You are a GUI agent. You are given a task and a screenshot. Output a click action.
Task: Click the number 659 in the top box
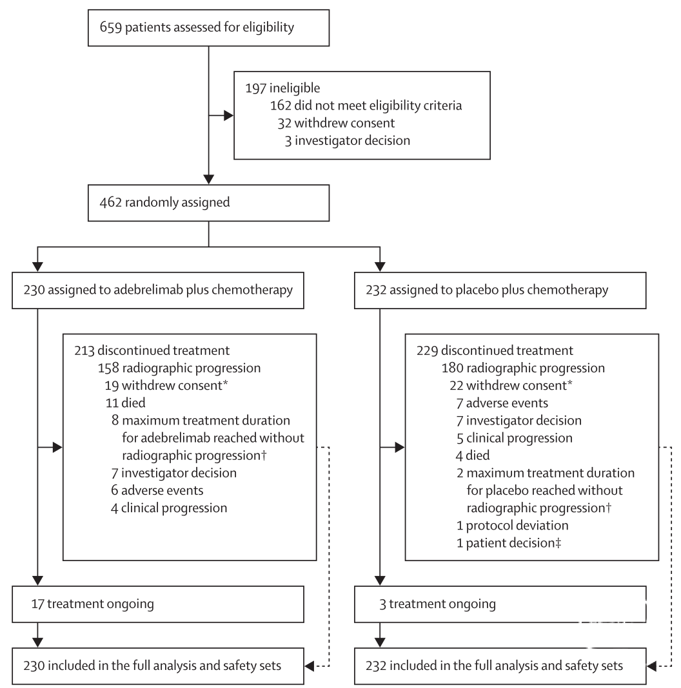(x=110, y=27)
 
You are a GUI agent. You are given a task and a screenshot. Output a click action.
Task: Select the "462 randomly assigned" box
(x=209, y=203)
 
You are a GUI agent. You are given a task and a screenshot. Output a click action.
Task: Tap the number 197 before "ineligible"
(x=256, y=88)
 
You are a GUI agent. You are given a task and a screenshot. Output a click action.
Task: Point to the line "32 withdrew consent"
(x=336, y=123)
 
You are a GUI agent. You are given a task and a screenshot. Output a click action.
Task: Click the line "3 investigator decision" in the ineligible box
(x=347, y=140)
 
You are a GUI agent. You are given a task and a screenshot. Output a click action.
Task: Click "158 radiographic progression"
(x=179, y=368)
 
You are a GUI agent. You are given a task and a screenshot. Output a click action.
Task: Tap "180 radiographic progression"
(x=523, y=368)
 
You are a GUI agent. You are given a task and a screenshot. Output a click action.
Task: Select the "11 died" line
(x=125, y=403)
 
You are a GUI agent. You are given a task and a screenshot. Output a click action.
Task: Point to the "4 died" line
(x=473, y=455)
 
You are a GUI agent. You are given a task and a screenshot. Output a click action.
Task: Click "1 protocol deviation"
(x=512, y=525)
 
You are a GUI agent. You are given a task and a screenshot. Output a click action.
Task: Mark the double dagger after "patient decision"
(x=558, y=543)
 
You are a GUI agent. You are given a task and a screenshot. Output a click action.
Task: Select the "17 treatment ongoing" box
(x=158, y=604)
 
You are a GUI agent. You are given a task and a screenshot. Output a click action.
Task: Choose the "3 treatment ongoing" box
(x=500, y=604)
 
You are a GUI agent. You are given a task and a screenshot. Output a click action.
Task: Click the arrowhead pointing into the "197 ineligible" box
(x=228, y=115)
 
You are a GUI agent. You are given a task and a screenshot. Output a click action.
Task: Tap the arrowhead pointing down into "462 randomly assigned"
(x=209, y=180)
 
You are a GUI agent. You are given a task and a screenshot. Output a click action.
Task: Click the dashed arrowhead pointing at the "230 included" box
(x=310, y=666)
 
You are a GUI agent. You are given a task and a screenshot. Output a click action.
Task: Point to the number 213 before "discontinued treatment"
(x=84, y=350)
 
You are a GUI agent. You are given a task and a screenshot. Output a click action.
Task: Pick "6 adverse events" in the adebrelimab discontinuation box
(x=157, y=490)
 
